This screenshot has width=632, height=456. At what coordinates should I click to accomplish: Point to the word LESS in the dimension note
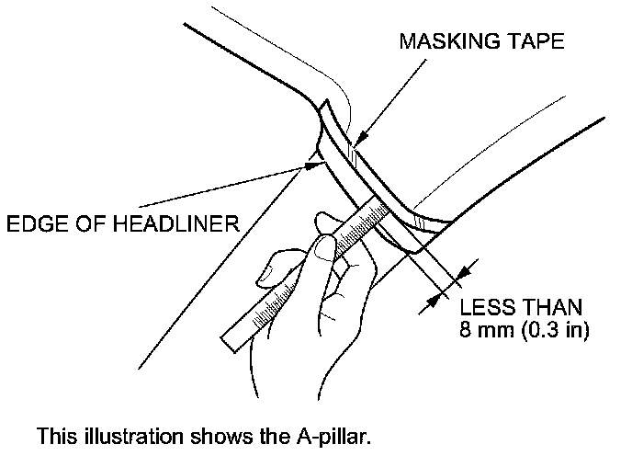(483, 306)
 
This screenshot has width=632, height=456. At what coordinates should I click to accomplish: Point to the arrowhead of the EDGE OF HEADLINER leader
(310, 165)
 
